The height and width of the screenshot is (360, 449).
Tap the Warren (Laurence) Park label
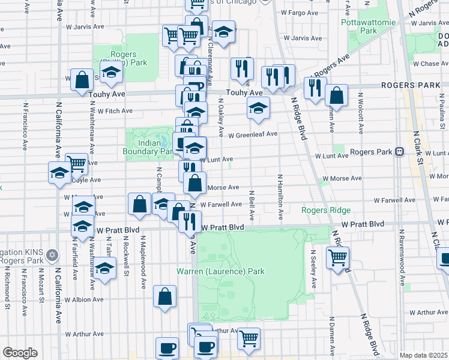(x=220, y=271)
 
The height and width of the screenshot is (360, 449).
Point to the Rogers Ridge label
(x=325, y=210)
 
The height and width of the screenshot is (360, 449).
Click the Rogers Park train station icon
(x=399, y=152)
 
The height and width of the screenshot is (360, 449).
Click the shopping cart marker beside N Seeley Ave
(x=337, y=257)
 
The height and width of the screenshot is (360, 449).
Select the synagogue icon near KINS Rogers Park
(x=52, y=255)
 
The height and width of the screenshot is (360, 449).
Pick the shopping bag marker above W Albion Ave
(x=164, y=296)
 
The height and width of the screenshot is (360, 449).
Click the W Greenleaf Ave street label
(x=252, y=135)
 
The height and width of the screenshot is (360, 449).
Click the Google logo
(x=20, y=353)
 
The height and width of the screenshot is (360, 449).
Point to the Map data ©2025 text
(x=424, y=355)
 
